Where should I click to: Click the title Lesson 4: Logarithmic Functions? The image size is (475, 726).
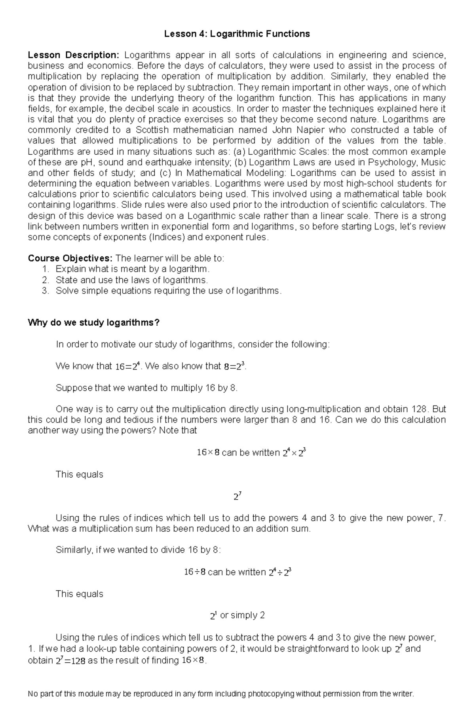tap(237, 34)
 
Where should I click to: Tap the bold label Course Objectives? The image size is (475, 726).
tap(70, 258)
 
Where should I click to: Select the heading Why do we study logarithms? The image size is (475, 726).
tap(93, 322)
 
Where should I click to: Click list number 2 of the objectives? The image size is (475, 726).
tap(45, 280)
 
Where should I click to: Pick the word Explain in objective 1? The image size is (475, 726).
tap(70, 269)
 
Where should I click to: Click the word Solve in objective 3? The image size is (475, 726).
tap(67, 291)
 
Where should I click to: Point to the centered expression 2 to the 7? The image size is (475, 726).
tap(237, 496)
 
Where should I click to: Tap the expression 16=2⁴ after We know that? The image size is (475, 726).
tap(128, 366)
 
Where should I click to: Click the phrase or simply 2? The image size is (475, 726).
tap(242, 615)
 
